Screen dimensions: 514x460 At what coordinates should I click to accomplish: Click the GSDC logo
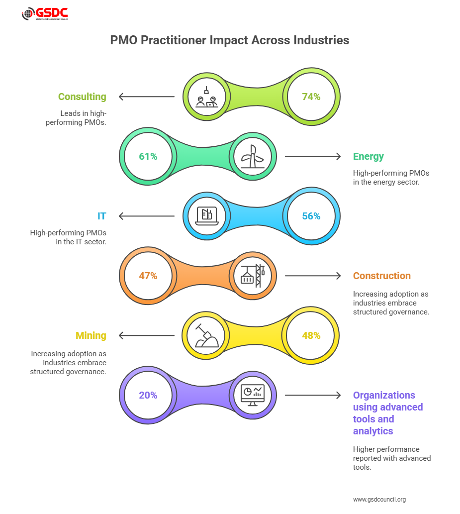[45, 14]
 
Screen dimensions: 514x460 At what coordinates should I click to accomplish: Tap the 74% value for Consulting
[311, 97]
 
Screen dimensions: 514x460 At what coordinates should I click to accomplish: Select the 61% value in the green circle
[148, 156]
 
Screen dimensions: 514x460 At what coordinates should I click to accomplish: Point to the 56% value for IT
[311, 216]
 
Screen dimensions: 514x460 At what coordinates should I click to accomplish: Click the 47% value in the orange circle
[148, 276]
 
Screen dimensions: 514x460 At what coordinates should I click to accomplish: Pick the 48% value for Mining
[311, 335]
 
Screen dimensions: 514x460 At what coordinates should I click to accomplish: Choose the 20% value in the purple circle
[148, 395]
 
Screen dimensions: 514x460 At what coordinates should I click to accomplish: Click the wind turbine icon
[252, 156]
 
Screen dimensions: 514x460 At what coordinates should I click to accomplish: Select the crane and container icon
[252, 276]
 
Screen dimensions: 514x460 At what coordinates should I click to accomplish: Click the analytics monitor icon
[252, 395]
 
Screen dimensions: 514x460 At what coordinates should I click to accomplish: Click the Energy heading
[368, 156]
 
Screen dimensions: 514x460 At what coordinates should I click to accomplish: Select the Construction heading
[382, 276]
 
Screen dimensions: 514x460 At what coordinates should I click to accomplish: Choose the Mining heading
[91, 335]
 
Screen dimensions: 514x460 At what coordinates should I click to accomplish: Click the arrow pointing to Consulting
[146, 97]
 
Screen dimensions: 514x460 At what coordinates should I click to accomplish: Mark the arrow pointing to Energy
[313, 156]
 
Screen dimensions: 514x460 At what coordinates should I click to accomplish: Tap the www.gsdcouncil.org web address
[379, 499]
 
